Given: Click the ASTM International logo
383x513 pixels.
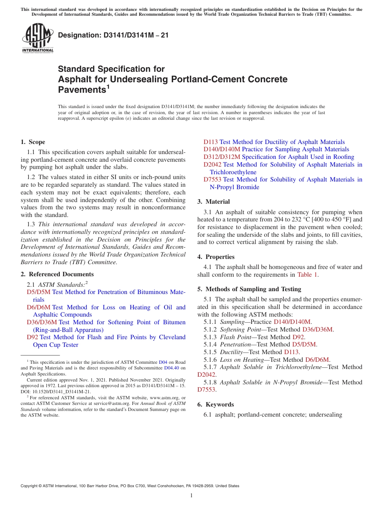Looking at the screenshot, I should [37, 38].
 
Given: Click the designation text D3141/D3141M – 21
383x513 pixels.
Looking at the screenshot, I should [113, 35].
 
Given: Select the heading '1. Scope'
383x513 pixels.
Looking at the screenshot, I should [33, 142].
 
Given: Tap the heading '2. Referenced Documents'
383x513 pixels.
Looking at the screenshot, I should [51, 274].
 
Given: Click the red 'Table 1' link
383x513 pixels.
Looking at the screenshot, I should [307, 275].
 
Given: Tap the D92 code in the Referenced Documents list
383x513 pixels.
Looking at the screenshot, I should [32, 337].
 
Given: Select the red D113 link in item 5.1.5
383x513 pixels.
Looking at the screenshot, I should [291, 352].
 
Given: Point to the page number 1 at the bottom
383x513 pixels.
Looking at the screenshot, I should [191, 496].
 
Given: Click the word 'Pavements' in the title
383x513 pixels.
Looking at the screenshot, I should [82, 90].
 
